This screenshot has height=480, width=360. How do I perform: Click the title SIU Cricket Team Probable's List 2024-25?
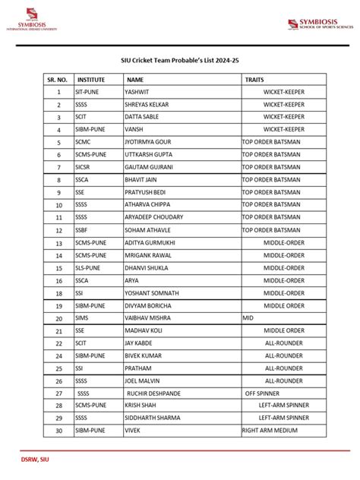point(179,59)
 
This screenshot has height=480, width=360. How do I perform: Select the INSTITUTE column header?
point(90,79)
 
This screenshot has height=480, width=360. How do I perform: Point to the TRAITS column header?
point(254,79)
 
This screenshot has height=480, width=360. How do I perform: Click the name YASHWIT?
point(137,92)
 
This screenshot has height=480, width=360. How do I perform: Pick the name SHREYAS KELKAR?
point(147,104)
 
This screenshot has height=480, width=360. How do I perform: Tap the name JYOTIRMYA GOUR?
point(149,142)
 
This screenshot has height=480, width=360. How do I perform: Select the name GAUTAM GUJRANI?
point(149,167)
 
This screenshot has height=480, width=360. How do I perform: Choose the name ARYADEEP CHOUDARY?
point(154,217)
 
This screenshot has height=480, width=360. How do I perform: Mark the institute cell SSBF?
point(81,230)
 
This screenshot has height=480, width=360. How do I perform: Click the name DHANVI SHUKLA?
point(147,267)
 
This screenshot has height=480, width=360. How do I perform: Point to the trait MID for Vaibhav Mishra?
point(248,318)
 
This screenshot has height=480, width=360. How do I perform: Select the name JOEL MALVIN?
point(142,381)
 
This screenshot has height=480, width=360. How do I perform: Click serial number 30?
point(58,430)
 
